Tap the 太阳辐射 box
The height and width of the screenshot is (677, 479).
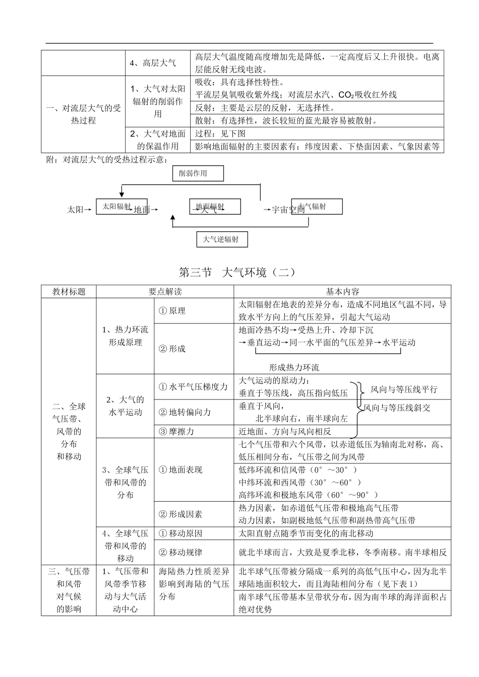[x=122, y=207]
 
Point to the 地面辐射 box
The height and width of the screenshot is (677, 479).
[x=215, y=207]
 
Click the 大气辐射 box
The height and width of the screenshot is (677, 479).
[x=317, y=206]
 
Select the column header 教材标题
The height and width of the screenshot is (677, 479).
[x=69, y=292]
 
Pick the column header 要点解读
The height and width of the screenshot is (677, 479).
[x=165, y=292]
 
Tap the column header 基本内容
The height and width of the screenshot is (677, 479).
[x=342, y=292]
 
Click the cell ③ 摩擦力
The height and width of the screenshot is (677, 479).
[x=176, y=431]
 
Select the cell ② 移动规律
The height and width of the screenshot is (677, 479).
[x=181, y=552]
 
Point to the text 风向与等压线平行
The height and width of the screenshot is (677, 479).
[x=404, y=389]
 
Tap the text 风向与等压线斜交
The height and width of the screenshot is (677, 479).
[x=397, y=408]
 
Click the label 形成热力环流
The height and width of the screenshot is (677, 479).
[x=294, y=368]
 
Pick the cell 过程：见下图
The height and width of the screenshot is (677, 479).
[x=220, y=133]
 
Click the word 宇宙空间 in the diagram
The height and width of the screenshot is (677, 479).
[x=288, y=210]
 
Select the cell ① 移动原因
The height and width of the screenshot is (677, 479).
[x=181, y=533]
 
